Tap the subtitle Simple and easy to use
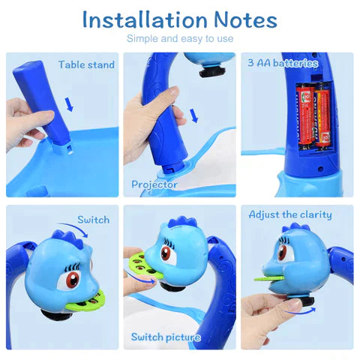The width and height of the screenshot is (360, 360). [x=180, y=38]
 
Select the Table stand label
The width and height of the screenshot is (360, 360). [x=86, y=65]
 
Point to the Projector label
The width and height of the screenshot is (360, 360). [x=154, y=184]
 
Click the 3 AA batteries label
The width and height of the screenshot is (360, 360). [x=283, y=64]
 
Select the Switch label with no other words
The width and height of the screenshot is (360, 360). [x=94, y=220]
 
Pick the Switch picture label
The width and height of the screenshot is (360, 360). [x=166, y=337]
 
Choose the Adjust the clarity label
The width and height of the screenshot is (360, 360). [x=289, y=215]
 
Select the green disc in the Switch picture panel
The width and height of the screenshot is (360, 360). [x=138, y=265]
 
